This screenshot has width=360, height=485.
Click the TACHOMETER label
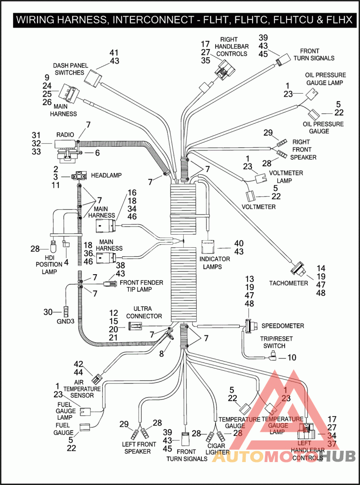288,283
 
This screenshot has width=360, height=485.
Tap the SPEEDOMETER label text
283,326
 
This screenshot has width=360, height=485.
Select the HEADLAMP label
106,175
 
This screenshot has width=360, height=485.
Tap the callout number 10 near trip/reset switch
292,358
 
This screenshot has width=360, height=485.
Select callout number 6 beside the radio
96,153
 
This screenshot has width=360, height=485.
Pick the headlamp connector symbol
79,176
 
